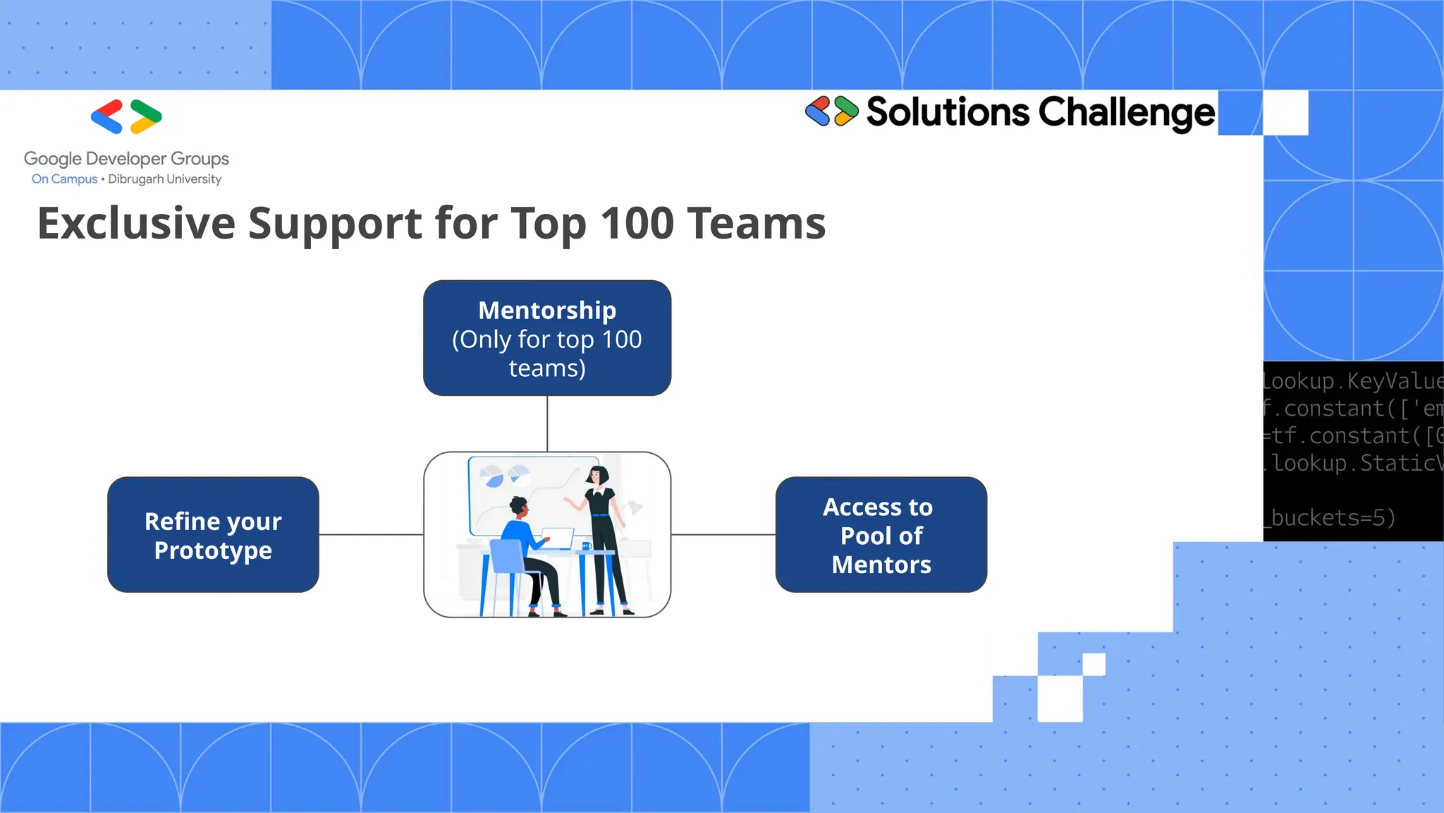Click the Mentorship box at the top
pyautogui.click(x=547, y=338)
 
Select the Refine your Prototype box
pyautogui.click(x=213, y=535)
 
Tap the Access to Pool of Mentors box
pyautogui.click(x=881, y=535)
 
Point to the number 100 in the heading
pyautogui.click(x=637, y=224)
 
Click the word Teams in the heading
pyautogui.click(x=756, y=224)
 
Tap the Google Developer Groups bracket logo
pyautogui.click(x=126, y=117)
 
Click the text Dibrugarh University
pyautogui.click(x=164, y=179)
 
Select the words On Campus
pyautogui.click(x=64, y=179)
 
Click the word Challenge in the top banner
pyautogui.click(x=1126, y=113)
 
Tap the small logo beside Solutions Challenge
pyautogui.click(x=831, y=112)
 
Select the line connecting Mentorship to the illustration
pyautogui.click(x=547, y=423)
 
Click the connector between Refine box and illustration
pyautogui.click(x=371, y=535)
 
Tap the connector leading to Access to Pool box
pyautogui.click(x=723, y=535)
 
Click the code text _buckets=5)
pyautogui.click(x=1330, y=518)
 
